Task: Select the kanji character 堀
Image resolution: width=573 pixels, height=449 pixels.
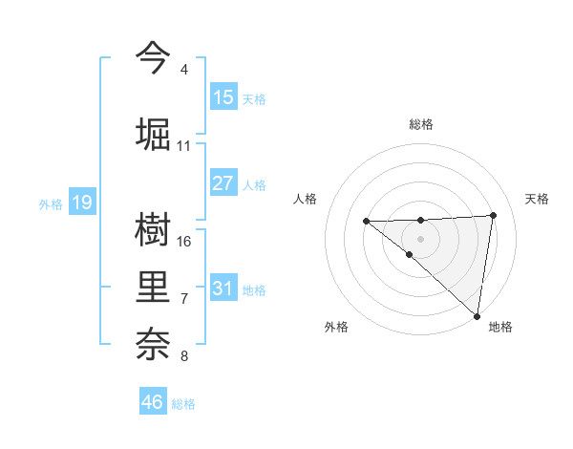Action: [x=153, y=133]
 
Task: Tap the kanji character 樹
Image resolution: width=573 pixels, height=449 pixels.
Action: [x=153, y=228]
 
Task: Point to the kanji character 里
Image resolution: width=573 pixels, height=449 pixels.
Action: [x=153, y=287]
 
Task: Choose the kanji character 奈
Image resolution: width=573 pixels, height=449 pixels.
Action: [x=153, y=344]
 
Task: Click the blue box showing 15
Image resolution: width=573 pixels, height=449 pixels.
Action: [x=223, y=97]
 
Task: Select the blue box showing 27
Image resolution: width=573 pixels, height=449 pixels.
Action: [x=223, y=183]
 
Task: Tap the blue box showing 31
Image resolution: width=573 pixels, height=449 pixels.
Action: [x=223, y=289]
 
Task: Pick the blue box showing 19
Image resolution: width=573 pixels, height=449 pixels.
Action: [x=82, y=203]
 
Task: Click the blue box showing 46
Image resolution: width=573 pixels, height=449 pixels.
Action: [x=153, y=402]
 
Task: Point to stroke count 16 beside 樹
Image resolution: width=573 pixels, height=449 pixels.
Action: [x=184, y=242]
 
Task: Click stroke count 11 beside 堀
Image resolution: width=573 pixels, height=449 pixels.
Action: [x=184, y=146]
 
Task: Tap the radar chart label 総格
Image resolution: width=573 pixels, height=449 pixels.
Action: [x=420, y=124]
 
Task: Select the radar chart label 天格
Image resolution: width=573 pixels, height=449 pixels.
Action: [x=537, y=199]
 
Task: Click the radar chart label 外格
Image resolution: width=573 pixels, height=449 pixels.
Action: [x=336, y=327]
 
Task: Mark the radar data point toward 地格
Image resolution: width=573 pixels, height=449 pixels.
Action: [x=477, y=316]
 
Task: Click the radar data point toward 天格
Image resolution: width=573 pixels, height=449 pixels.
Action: [x=493, y=215]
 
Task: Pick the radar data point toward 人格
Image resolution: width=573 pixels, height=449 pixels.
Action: [x=366, y=222]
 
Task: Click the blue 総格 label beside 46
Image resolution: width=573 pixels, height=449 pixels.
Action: [x=183, y=404]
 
